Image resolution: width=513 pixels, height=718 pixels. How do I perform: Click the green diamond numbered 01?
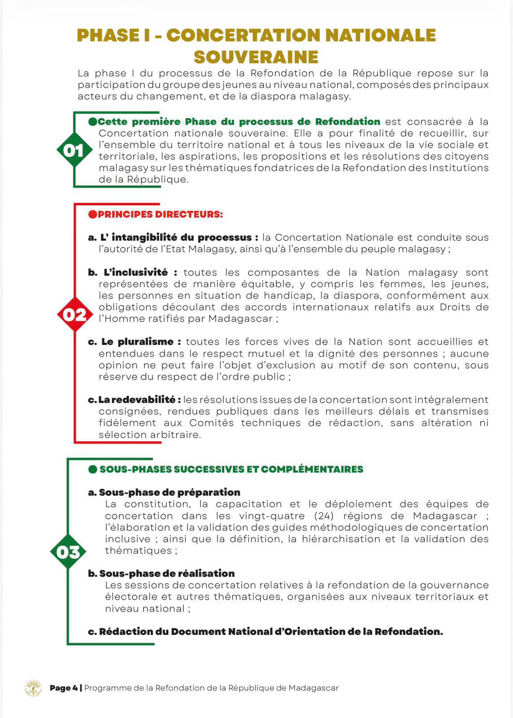point(74,150)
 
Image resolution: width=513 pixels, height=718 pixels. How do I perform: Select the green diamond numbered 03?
point(68,552)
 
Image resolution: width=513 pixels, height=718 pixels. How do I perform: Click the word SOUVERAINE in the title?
point(256,57)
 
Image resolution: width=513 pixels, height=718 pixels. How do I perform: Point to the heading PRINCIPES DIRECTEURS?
point(160,215)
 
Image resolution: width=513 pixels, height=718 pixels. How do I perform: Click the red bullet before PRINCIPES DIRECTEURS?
point(92,215)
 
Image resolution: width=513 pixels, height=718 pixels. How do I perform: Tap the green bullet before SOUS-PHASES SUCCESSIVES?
point(93,469)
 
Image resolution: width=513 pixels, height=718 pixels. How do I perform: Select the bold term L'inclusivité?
point(135,272)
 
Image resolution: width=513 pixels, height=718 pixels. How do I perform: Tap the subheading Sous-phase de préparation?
point(169,492)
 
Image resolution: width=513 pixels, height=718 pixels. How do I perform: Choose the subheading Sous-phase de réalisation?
point(167,574)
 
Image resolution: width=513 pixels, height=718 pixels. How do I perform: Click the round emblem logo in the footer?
point(33,688)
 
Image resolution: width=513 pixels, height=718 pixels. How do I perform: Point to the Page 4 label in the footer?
point(64,688)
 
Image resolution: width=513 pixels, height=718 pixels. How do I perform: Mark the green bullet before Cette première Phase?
point(93,122)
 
